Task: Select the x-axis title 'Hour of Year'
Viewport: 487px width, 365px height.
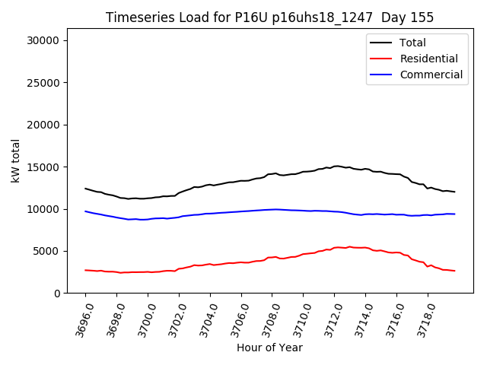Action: coord(269,348)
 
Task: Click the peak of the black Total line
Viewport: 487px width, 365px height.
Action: coord(336,166)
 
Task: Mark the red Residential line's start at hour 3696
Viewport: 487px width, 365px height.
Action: coord(85,270)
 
